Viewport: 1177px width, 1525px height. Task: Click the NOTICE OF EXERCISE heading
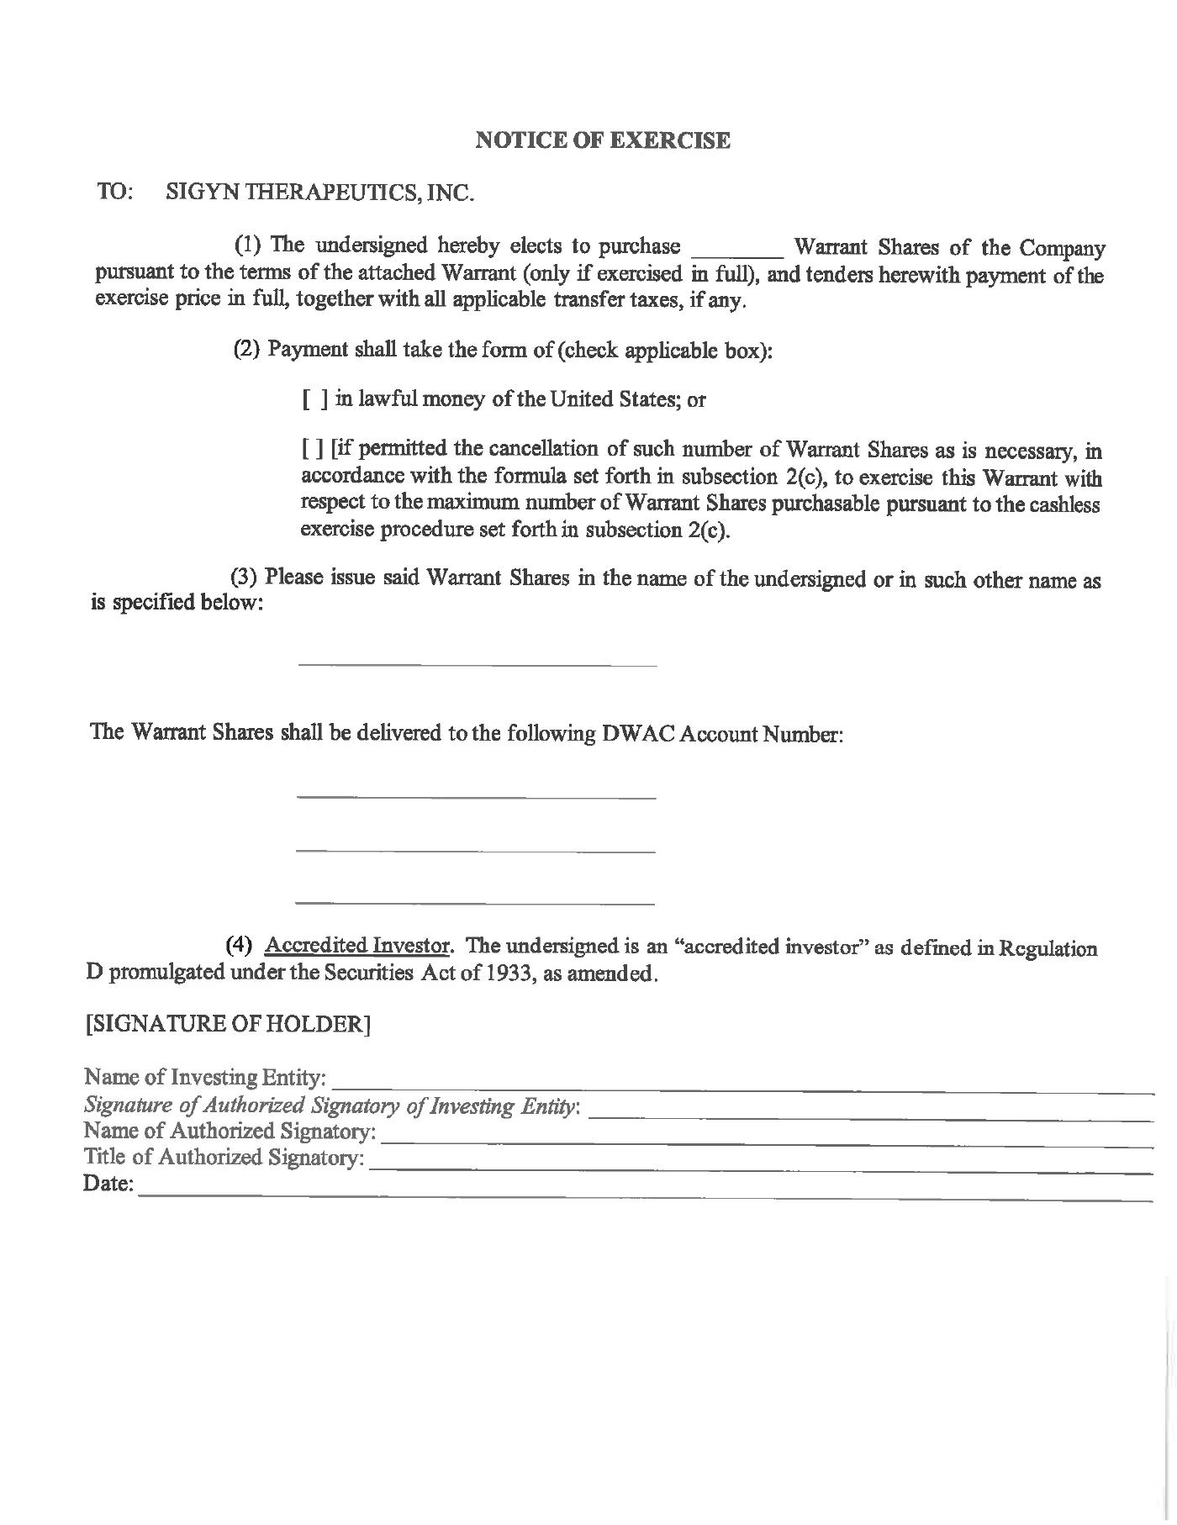point(603,140)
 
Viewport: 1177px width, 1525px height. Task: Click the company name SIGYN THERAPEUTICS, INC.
point(320,193)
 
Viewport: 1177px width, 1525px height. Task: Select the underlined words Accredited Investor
point(357,945)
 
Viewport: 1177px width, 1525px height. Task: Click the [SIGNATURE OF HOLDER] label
point(228,1024)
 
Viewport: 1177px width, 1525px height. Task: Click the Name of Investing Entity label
point(205,1077)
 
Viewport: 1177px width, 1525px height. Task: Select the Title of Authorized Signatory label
point(224,1158)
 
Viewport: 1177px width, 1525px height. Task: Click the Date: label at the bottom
point(108,1185)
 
